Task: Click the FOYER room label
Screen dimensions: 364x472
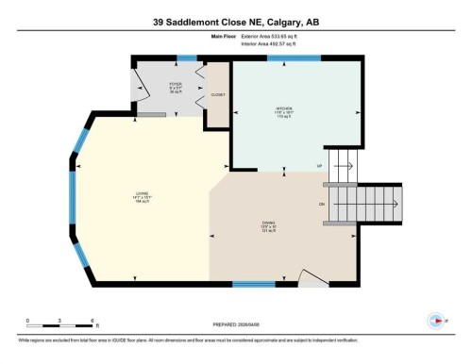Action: pos(176,87)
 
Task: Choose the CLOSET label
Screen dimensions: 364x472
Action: pos(218,95)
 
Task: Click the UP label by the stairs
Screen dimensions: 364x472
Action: pos(318,165)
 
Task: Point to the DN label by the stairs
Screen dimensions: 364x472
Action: pos(321,205)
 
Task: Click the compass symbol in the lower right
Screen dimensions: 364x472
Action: pos(434,319)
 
